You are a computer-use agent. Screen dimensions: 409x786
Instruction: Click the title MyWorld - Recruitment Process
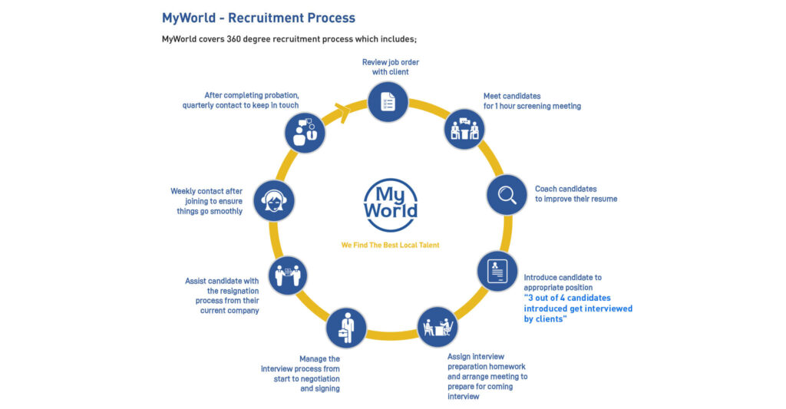point(259,18)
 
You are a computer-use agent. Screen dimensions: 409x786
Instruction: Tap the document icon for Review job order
point(388,101)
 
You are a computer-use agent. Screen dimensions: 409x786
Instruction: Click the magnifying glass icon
point(507,195)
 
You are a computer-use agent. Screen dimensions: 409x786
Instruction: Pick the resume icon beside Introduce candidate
point(497,271)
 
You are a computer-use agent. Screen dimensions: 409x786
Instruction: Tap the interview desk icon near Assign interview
point(438,327)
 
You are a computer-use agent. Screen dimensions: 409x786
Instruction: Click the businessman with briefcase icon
point(346,328)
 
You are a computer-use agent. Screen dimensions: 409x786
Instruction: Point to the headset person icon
point(273,200)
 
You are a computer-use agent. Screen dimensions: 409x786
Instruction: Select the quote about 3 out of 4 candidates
point(578,308)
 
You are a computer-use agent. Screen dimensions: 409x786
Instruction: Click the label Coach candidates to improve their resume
point(576,193)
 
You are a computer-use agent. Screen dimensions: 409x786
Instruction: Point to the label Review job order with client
point(391,67)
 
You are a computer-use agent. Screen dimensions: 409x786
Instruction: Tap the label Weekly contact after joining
point(206,201)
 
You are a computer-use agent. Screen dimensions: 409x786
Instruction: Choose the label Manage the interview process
point(300,374)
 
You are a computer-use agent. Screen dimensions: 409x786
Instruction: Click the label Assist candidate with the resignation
point(222,295)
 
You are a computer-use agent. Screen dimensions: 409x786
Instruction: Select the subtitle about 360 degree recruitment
point(289,39)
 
